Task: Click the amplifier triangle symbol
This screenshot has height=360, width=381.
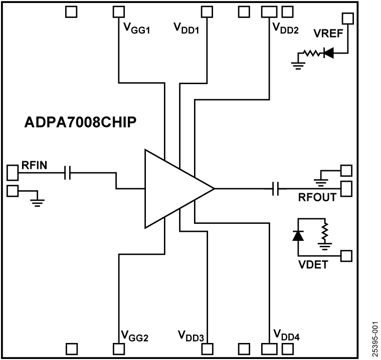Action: (x=173, y=189)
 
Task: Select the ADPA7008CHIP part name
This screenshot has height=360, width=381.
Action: (x=80, y=123)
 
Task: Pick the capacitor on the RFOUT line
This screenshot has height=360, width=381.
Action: (x=275, y=189)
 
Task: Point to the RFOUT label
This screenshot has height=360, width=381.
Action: (x=317, y=197)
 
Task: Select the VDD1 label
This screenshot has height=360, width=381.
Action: (x=186, y=29)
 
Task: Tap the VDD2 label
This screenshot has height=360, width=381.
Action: (x=286, y=29)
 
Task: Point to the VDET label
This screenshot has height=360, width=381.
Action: (x=313, y=264)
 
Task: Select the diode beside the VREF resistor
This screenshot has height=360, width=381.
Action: (x=329, y=53)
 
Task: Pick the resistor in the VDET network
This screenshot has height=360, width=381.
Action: (x=325, y=231)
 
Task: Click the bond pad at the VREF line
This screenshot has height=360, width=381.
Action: (x=347, y=18)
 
